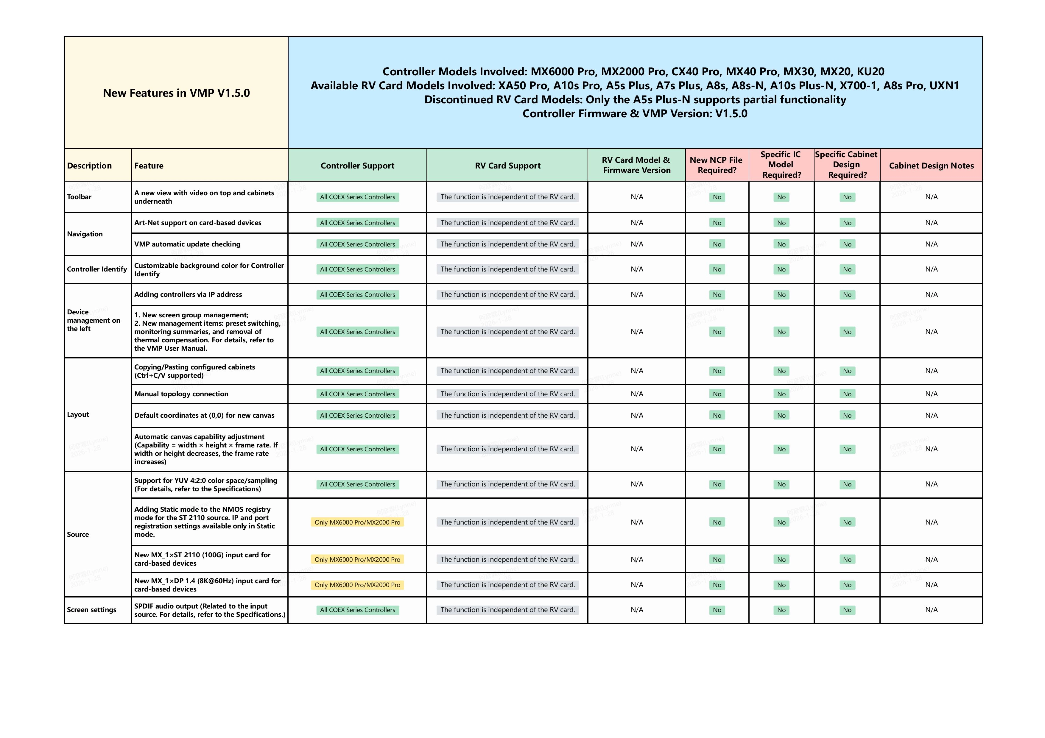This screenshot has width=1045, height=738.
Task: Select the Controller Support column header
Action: pyautogui.click(x=357, y=166)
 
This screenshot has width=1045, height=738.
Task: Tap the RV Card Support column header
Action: pyautogui.click(x=507, y=166)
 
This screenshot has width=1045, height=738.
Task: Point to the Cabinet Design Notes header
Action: pyautogui.click(x=931, y=166)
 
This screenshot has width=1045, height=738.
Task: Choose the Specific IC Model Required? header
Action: pyautogui.click(x=781, y=165)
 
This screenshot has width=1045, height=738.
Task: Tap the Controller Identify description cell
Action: pyautogui.click(x=97, y=269)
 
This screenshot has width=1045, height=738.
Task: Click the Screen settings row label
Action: pyautogui.click(x=91, y=610)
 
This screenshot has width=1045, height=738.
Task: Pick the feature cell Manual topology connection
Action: pyautogui.click(x=181, y=394)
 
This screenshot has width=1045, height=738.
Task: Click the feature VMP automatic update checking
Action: pyautogui.click(x=187, y=244)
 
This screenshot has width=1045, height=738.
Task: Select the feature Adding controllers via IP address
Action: pyautogui.click(x=188, y=295)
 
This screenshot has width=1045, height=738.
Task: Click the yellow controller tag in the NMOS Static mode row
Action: pyautogui.click(x=357, y=522)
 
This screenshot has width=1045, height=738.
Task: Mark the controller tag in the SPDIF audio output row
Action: pyautogui.click(x=357, y=610)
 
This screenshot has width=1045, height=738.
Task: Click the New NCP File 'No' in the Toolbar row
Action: pyautogui.click(x=717, y=197)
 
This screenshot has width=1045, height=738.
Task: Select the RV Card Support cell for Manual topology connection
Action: pyautogui.click(x=507, y=394)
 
